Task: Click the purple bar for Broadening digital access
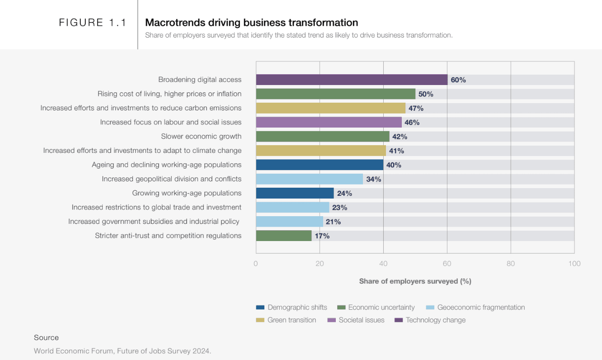point(352,80)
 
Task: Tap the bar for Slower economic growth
point(323,137)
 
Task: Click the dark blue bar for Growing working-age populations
point(295,193)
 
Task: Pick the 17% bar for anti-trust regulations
point(284,236)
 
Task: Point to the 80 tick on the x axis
point(511,264)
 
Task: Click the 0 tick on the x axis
point(256,264)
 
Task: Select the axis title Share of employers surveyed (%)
point(415,281)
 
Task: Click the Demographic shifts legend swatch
point(260,308)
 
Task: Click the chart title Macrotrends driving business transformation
point(251,23)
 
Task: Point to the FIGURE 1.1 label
point(93,23)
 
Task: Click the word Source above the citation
point(46,337)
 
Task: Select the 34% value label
point(374,179)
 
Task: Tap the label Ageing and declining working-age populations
point(166,165)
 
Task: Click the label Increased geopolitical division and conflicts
point(171,179)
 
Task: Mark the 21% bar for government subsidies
point(290,222)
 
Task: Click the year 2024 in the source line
point(201,351)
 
